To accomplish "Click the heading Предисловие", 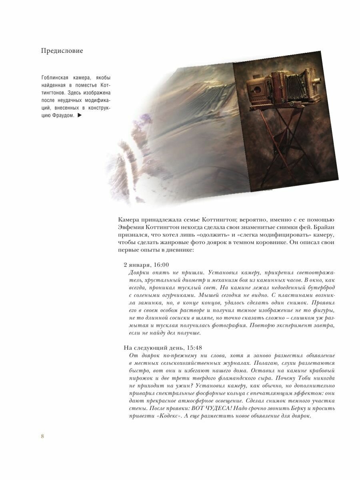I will [x=62, y=51].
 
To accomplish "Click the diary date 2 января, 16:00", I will [x=146, y=264].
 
